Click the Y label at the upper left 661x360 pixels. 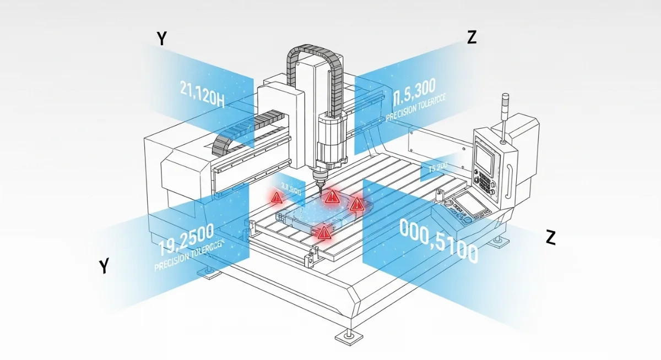(x=162, y=39)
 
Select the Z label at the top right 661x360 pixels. (x=471, y=37)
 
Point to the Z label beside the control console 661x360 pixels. (x=550, y=237)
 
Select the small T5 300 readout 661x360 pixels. (x=434, y=167)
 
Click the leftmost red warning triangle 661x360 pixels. (x=275, y=197)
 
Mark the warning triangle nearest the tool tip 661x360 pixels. (x=331, y=197)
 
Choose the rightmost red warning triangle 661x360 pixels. (x=357, y=205)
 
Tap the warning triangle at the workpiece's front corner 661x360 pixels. (x=323, y=233)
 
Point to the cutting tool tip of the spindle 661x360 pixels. (x=319, y=187)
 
